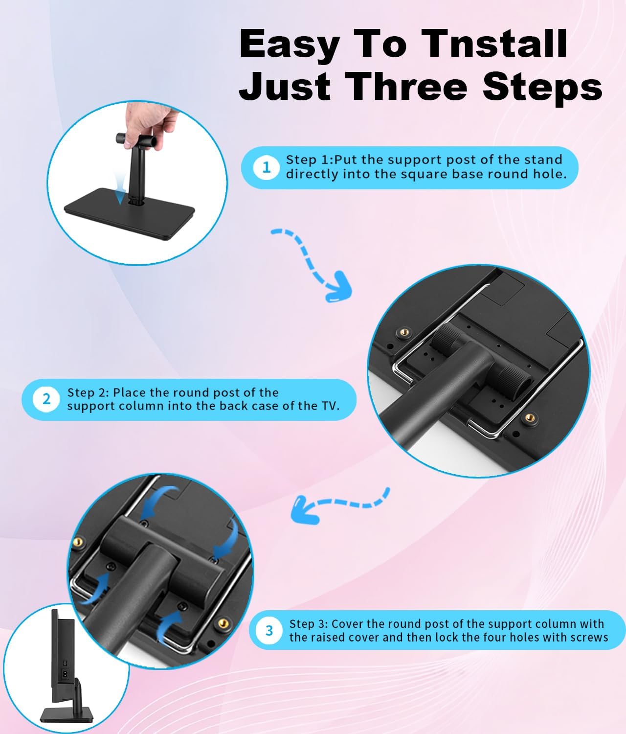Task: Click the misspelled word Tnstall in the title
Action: coord(495,44)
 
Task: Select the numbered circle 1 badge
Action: coord(266,167)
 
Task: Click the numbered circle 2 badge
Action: coord(46,399)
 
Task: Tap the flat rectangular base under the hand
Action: coord(130,213)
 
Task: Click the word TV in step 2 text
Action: coord(329,406)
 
